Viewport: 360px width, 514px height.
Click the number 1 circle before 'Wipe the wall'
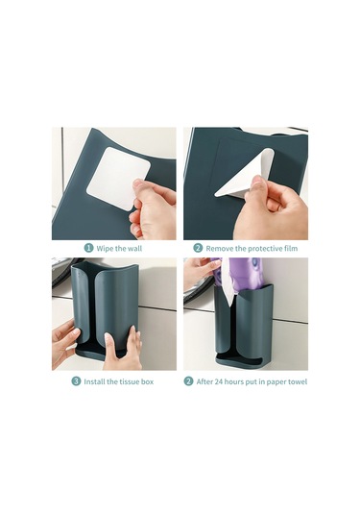(88, 248)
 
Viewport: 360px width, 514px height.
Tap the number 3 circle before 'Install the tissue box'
(76, 381)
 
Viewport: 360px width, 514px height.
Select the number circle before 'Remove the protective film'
(198, 248)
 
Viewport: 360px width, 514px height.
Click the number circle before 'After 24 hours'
(188, 381)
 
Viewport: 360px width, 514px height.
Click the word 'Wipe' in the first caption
(105, 249)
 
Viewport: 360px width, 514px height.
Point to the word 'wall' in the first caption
(134, 249)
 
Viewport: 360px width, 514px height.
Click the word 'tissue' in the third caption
(129, 381)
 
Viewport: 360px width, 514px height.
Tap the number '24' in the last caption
(219, 381)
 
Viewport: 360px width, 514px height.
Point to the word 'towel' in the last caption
(298, 381)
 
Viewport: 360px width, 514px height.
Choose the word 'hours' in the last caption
(234, 381)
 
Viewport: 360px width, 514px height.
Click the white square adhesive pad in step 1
(118, 178)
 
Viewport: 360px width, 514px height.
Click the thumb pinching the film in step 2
(259, 184)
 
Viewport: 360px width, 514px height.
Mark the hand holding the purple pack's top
(198, 273)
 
